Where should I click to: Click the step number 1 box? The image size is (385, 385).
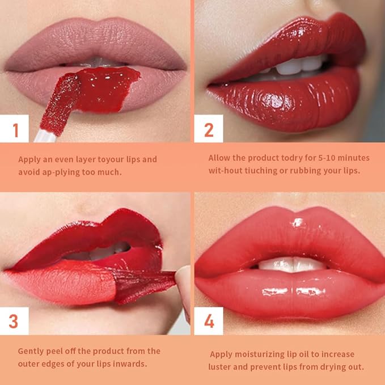pos(15,129)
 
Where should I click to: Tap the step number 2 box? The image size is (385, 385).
pos(208,129)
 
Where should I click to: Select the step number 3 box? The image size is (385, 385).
pos(14,321)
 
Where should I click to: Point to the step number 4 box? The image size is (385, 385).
pos(208,321)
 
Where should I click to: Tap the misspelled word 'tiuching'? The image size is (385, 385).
pos(266,171)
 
